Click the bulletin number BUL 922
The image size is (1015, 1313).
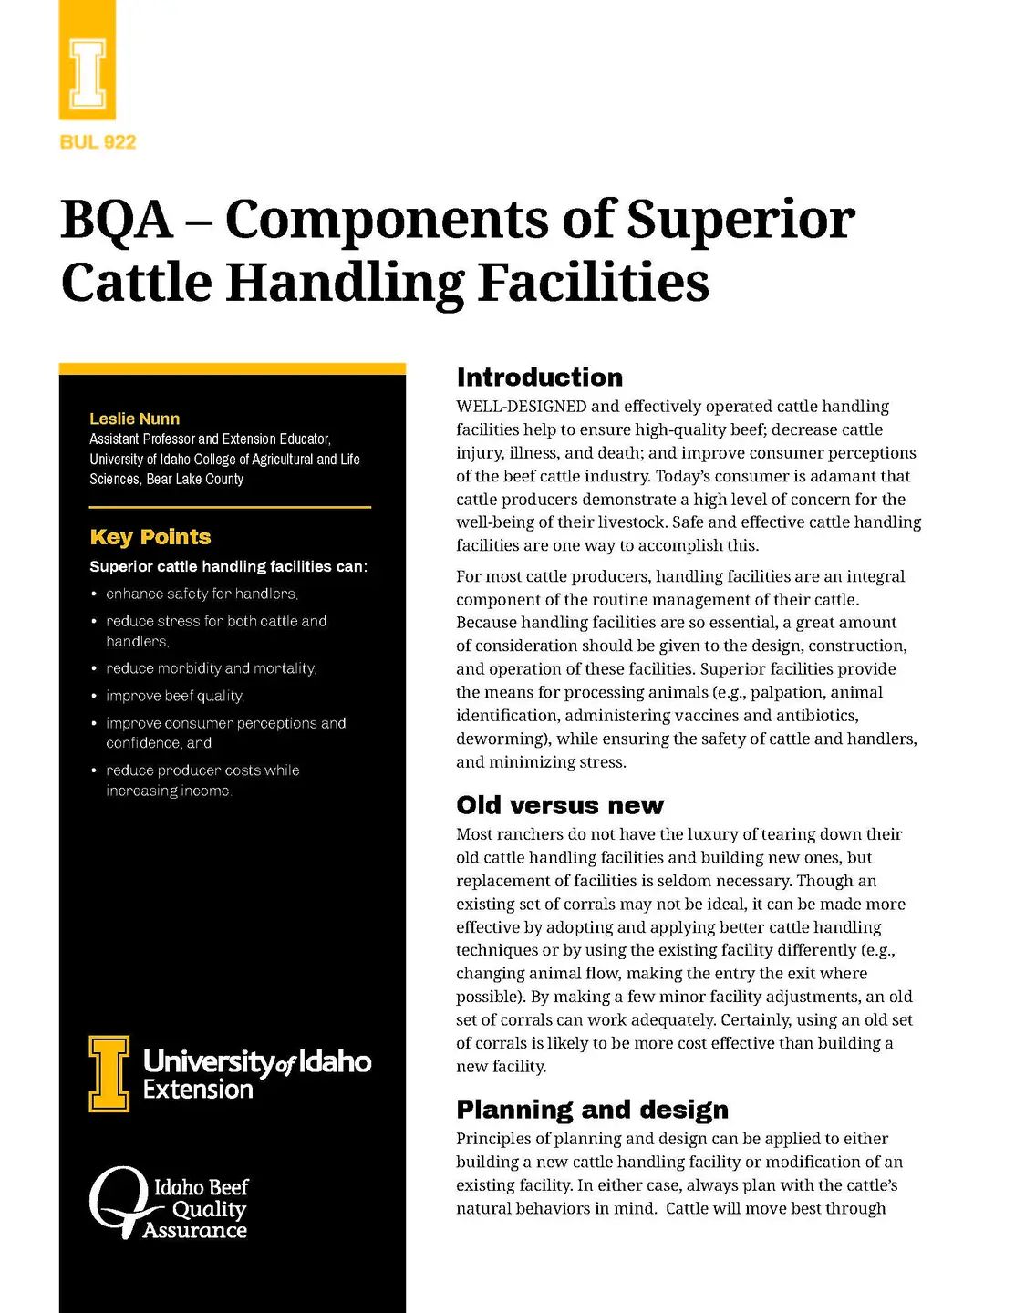[x=98, y=142]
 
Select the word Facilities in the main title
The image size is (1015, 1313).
[x=594, y=283]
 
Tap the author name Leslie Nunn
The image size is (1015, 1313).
[x=134, y=419]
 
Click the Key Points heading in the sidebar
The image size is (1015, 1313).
[x=150, y=537]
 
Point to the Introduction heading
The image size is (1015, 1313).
[x=540, y=377]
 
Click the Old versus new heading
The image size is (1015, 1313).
[x=560, y=805]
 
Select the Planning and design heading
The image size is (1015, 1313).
[x=593, y=1110]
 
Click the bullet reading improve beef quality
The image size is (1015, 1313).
[x=175, y=697]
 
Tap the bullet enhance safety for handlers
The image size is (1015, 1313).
[x=202, y=594]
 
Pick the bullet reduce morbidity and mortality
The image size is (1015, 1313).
[x=211, y=669]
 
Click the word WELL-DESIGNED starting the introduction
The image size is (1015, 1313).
[x=521, y=407]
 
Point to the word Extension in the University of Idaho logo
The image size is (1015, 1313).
[x=198, y=1090]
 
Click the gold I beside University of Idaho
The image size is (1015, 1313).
[x=109, y=1073]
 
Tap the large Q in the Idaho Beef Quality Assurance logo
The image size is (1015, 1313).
[x=119, y=1201]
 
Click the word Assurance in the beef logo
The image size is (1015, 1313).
[x=195, y=1231]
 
